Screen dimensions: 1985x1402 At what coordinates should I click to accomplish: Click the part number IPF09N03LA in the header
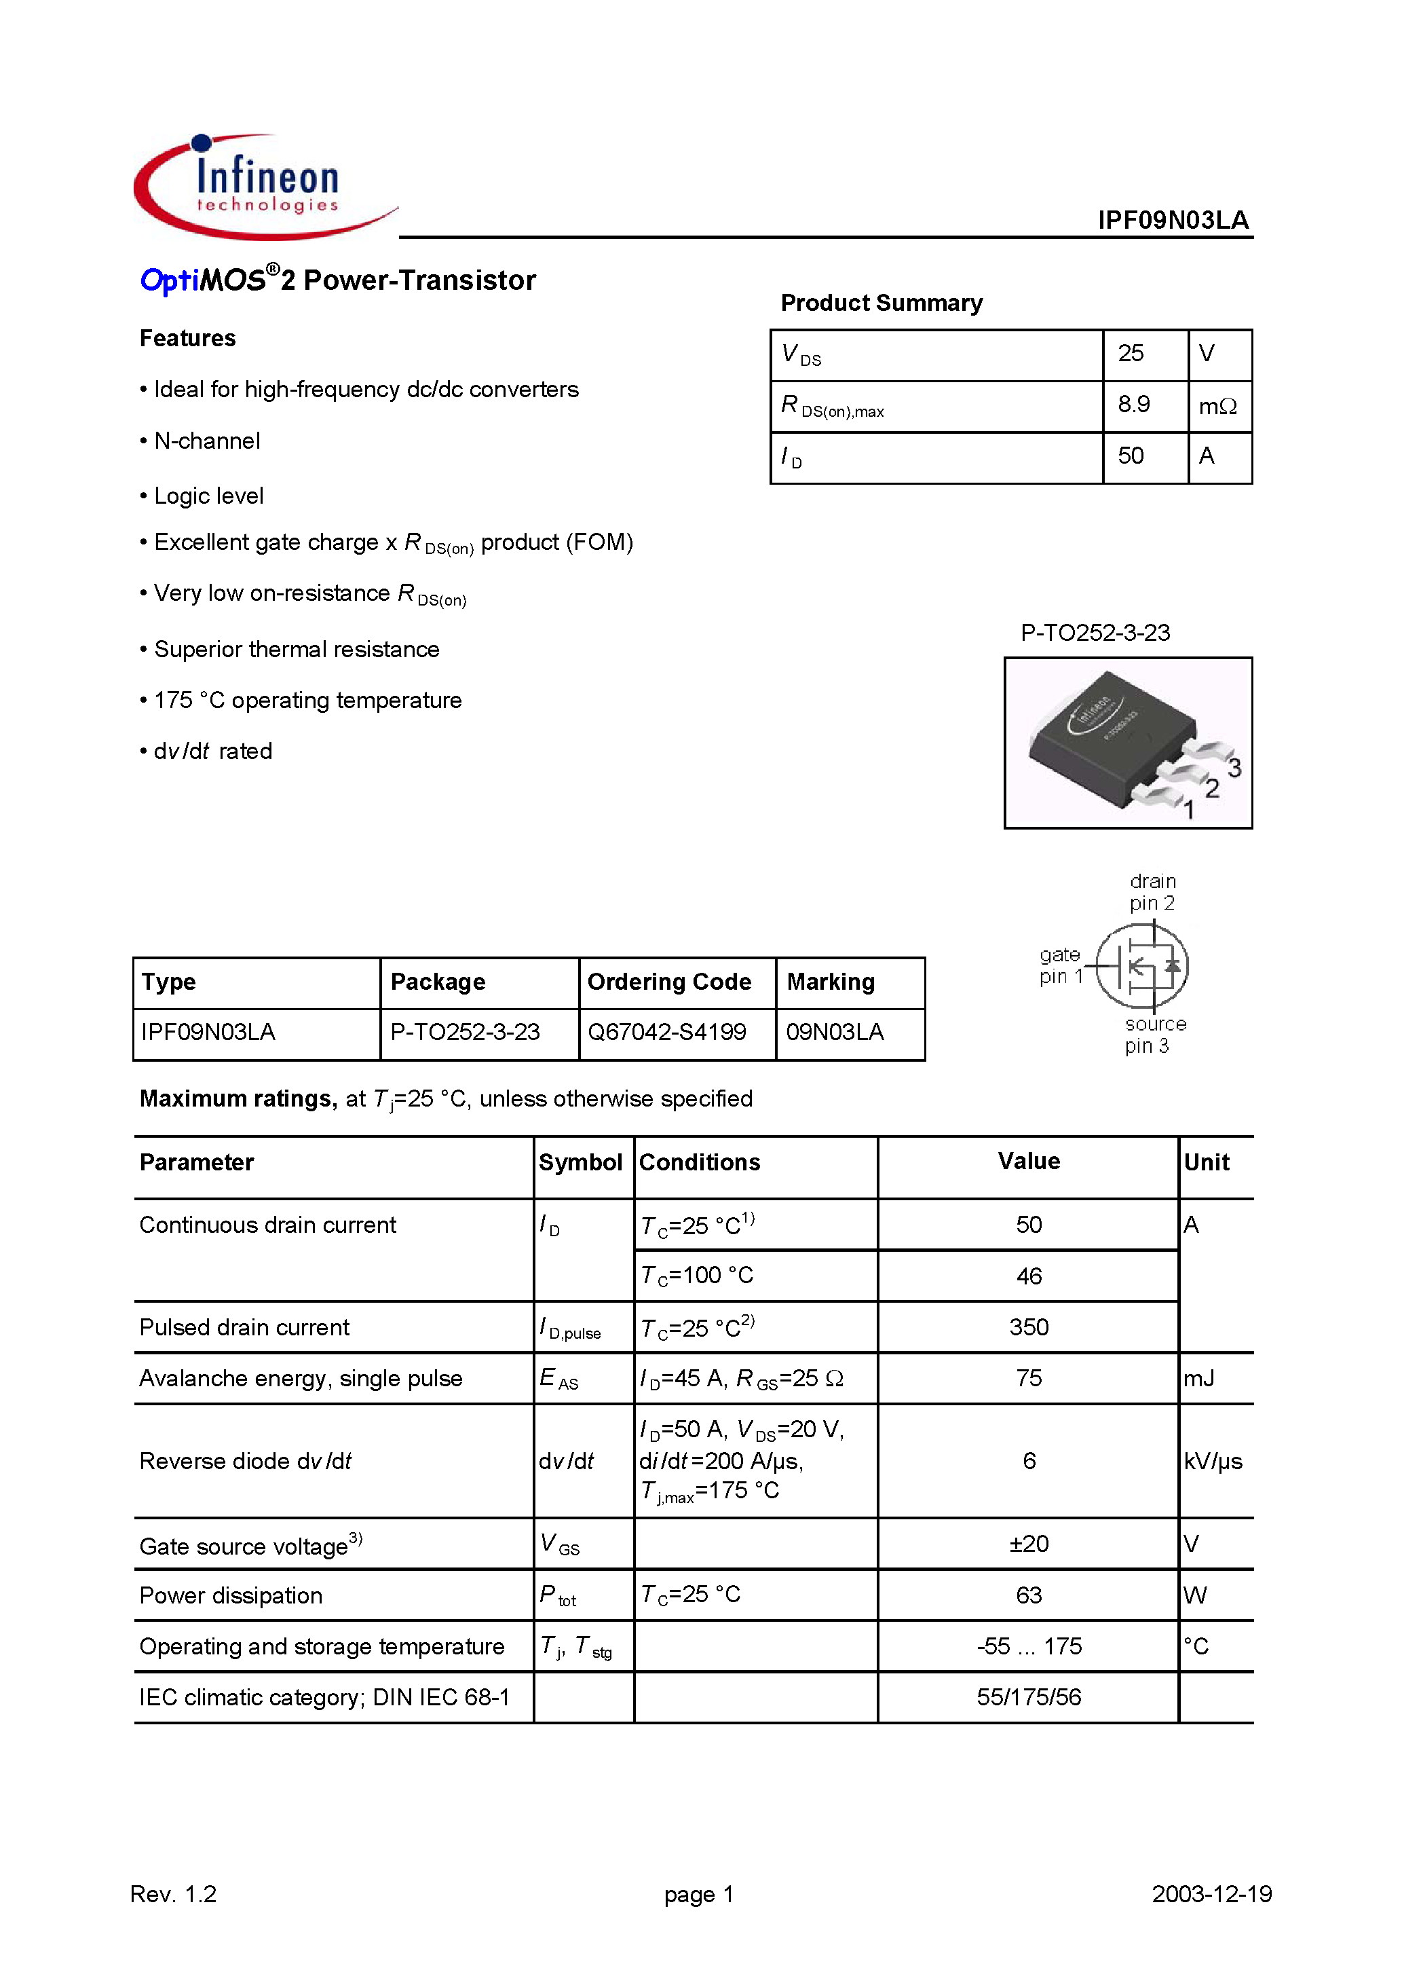[x=1172, y=221]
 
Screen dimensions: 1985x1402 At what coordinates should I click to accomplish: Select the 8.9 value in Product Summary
[x=1133, y=405]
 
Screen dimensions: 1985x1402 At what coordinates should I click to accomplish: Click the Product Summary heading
[x=881, y=303]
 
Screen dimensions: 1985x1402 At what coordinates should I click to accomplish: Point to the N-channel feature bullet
[x=206, y=441]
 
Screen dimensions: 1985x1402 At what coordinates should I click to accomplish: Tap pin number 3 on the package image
[x=1234, y=767]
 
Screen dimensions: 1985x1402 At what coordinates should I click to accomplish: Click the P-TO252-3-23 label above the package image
[x=1095, y=633]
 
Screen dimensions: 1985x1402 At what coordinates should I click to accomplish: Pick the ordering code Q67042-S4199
[x=666, y=1031]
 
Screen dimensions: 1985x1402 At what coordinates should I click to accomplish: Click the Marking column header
[x=830, y=982]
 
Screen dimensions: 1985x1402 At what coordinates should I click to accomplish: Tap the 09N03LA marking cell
[x=834, y=1031]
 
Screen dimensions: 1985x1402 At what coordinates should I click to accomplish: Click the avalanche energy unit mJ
[x=1198, y=1378]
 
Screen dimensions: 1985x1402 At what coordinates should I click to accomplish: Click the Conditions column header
[x=699, y=1163]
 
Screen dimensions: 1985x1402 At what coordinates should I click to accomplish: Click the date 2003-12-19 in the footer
[x=1211, y=1894]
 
